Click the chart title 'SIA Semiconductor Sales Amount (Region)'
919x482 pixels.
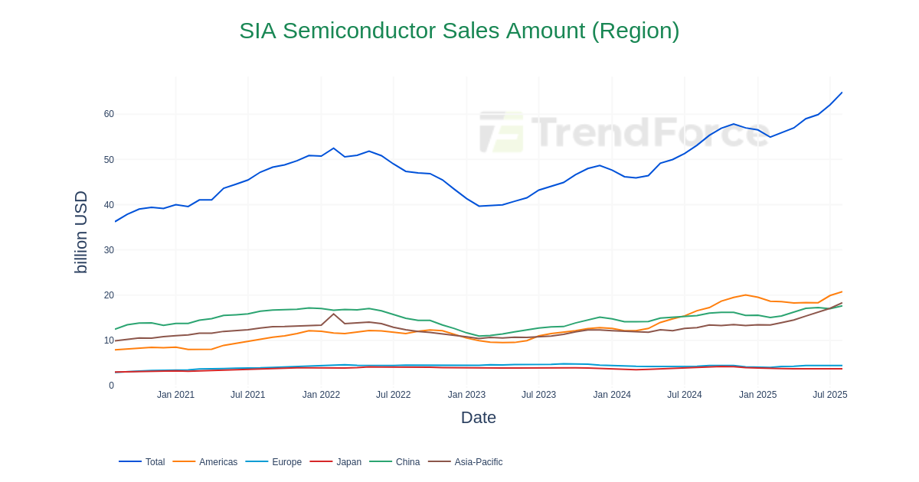click(459, 31)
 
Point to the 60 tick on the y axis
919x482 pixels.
click(109, 114)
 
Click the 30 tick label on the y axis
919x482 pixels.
click(109, 250)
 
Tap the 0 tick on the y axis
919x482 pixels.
click(111, 386)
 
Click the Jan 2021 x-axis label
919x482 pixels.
click(175, 395)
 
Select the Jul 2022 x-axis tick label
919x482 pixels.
click(393, 395)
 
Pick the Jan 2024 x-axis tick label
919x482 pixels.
click(612, 395)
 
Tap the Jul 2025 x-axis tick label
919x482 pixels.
click(829, 395)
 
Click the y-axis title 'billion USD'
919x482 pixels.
click(80, 232)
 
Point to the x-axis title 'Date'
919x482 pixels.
click(478, 418)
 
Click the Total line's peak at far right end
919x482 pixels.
click(842, 93)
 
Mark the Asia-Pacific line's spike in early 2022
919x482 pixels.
click(333, 314)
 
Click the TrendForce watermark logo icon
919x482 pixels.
click(501, 132)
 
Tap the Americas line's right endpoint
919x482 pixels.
click(842, 291)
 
